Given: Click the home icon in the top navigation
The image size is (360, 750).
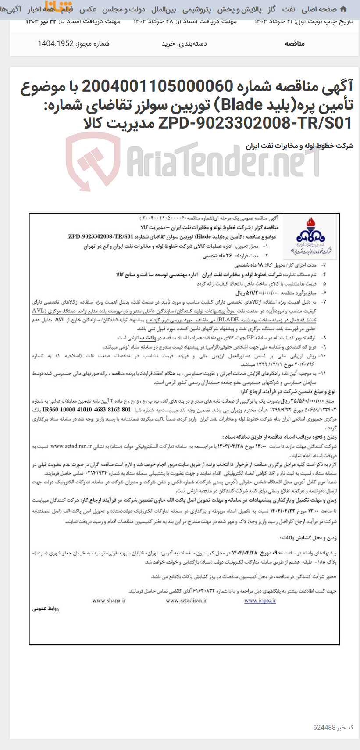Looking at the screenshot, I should point(343,9).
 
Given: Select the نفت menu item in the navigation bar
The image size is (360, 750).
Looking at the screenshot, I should point(289,9).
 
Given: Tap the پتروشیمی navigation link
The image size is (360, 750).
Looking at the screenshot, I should point(196,9).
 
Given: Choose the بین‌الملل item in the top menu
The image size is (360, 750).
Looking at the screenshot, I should point(164,9).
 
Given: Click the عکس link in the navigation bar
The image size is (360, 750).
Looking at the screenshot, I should point(88,9).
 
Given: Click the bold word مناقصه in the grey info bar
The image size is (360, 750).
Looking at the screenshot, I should point(294,43).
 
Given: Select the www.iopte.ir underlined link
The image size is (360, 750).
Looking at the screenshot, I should point(260,600).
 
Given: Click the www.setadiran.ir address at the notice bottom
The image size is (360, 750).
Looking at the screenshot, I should point(185,600).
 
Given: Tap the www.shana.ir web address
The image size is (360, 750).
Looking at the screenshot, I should point(109,600).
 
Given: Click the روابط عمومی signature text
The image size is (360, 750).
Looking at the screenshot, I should point(46,609).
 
